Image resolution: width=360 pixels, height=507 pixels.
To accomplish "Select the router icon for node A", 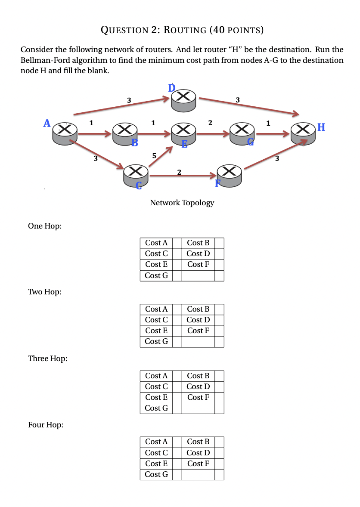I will point(65,132).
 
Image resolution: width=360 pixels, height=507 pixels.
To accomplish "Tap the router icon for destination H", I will point(303,132).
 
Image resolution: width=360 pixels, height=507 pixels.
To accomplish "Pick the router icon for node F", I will point(230,175).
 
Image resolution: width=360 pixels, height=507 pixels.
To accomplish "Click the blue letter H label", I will point(321,127).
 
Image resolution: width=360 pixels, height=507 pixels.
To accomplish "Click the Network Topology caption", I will point(182,203).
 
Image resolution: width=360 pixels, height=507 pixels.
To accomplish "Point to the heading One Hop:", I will point(44,226).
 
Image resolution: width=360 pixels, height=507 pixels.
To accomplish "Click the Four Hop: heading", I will point(45,425).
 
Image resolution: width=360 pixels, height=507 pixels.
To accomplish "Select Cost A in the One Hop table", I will point(156,243).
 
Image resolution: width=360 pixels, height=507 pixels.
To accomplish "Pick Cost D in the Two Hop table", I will point(198,320).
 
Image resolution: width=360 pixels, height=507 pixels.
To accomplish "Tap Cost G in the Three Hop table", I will point(156,408).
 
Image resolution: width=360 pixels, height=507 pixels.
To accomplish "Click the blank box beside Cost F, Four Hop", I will point(219,464).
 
